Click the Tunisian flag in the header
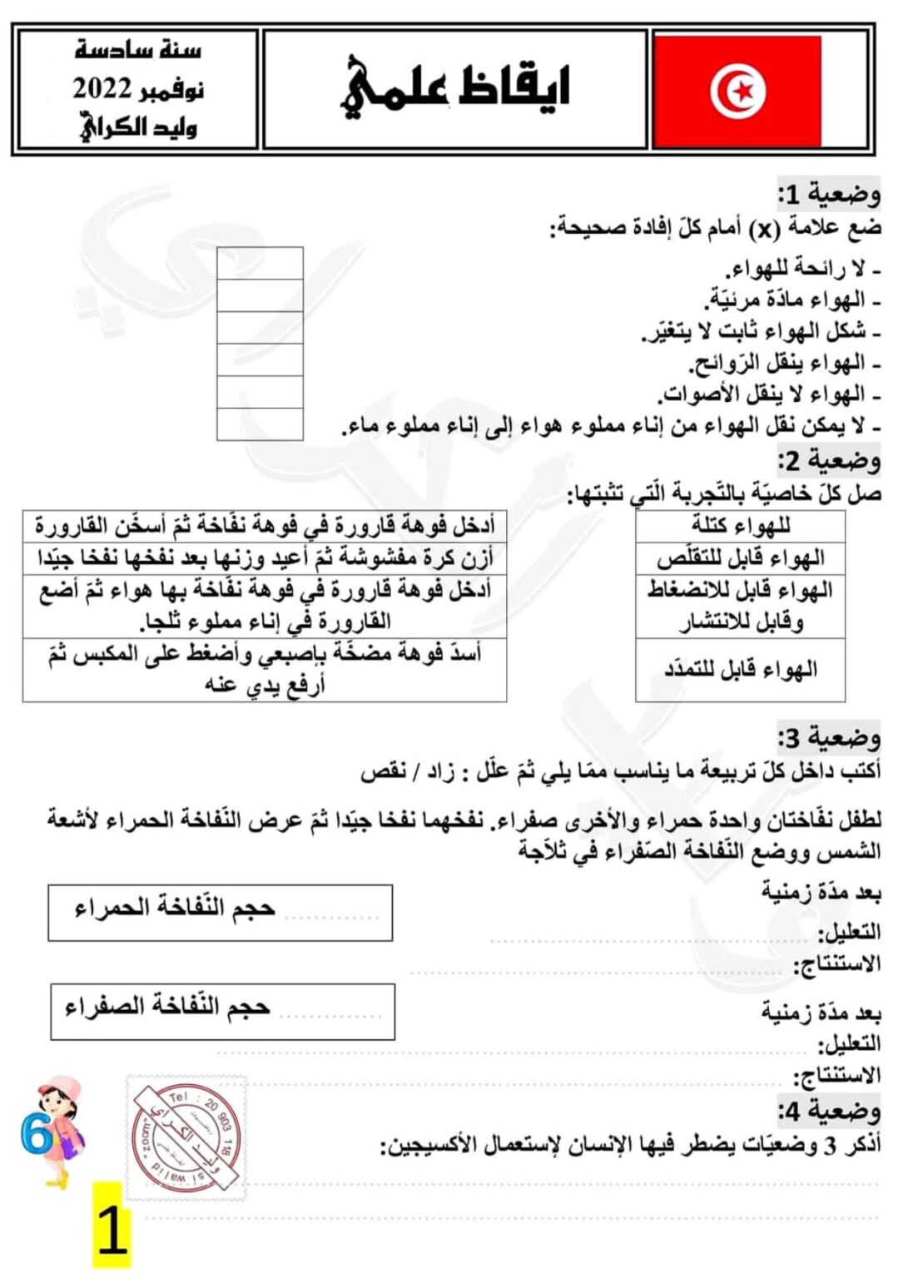point(737,91)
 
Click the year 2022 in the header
point(102,88)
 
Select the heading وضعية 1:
point(828,195)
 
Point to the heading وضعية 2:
point(828,460)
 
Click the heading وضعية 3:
point(828,737)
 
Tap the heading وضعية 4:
point(828,1111)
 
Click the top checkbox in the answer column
point(260,263)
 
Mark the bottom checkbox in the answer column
point(260,424)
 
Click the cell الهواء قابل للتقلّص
point(740,558)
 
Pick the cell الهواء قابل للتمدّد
point(740,670)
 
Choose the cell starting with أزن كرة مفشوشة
point(265,558)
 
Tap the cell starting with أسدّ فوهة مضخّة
point(265,670)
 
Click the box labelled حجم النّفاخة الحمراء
point(220,912)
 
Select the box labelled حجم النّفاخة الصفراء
point(222,1012)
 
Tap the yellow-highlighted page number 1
point(112,1231)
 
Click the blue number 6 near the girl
point(35,1134)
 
